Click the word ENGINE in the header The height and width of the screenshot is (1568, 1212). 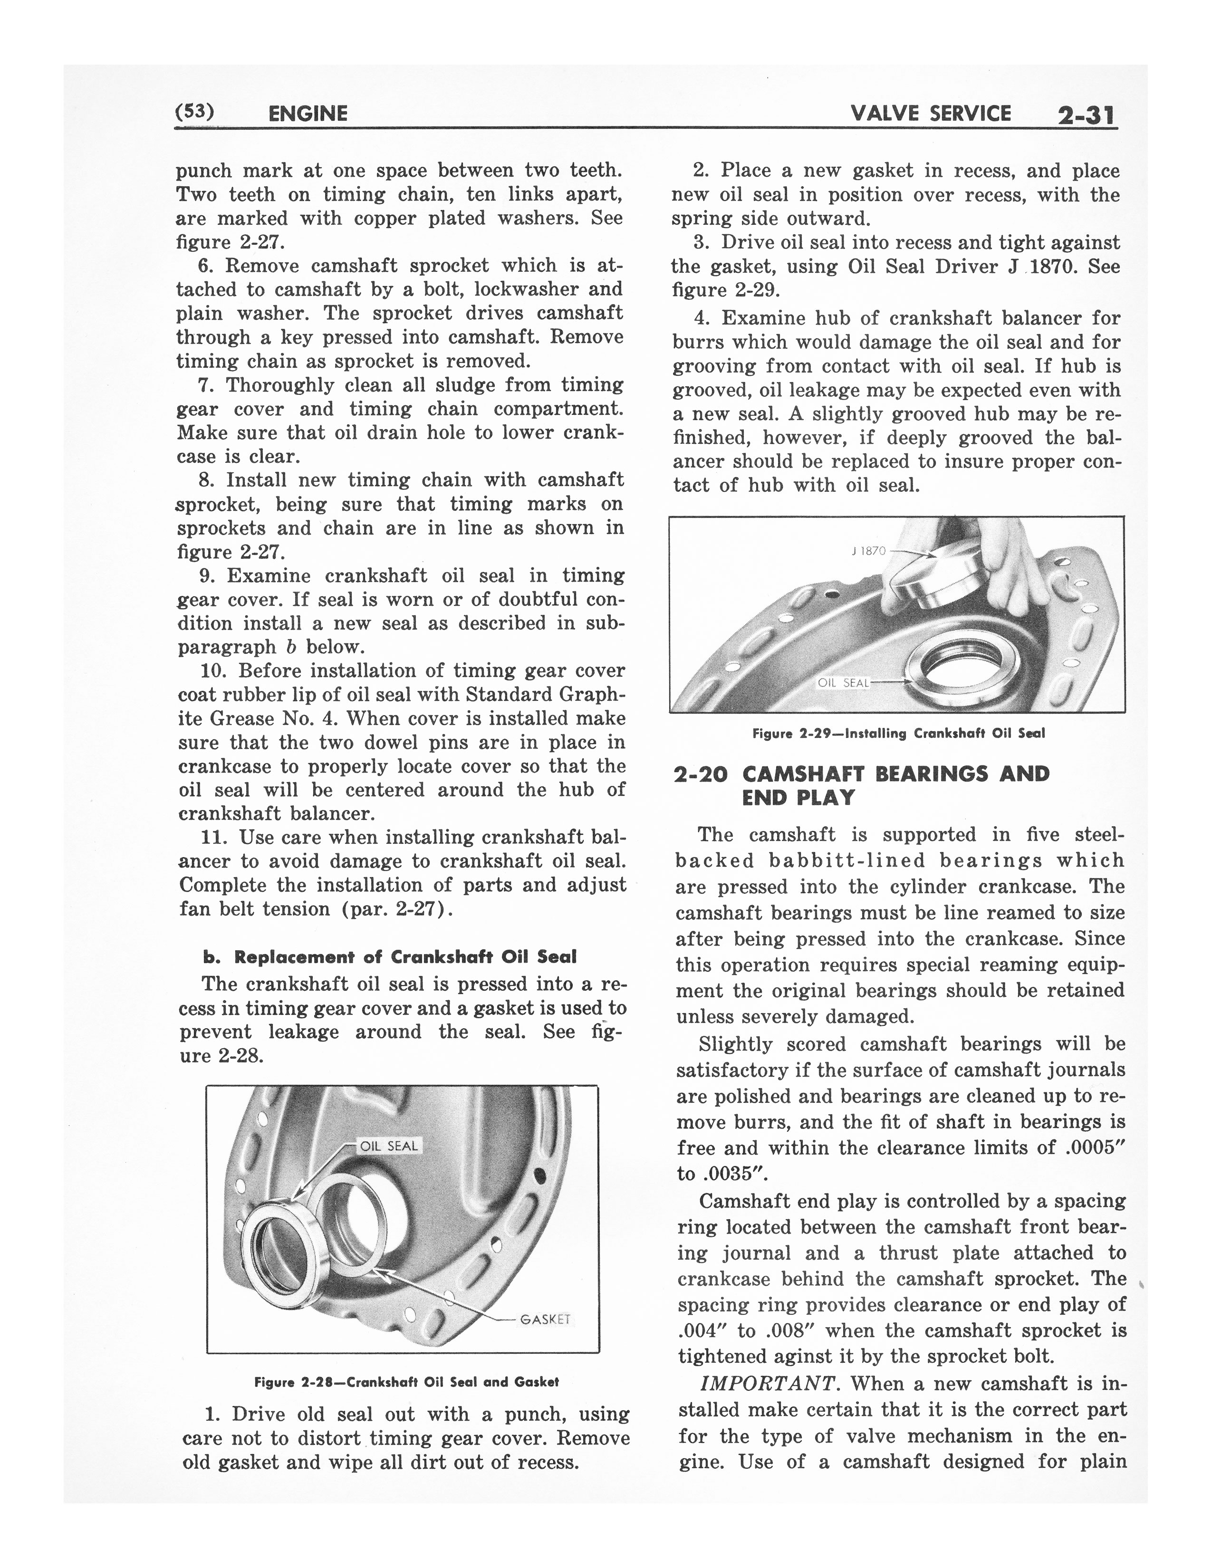click(x=307, y=114)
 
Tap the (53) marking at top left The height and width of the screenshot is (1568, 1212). click(x=194, y=111)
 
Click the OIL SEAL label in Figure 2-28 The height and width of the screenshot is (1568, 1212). click(x=388, y=1147)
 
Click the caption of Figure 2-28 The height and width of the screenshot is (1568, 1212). click(x=406, y=1382)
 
